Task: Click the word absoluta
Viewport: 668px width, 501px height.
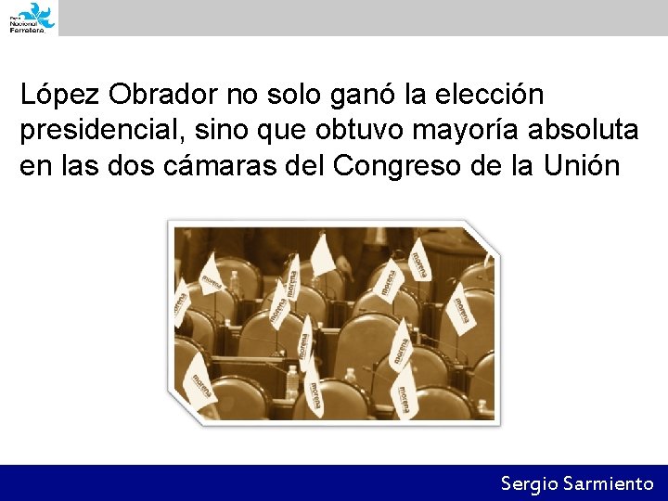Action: coord(584,132)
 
